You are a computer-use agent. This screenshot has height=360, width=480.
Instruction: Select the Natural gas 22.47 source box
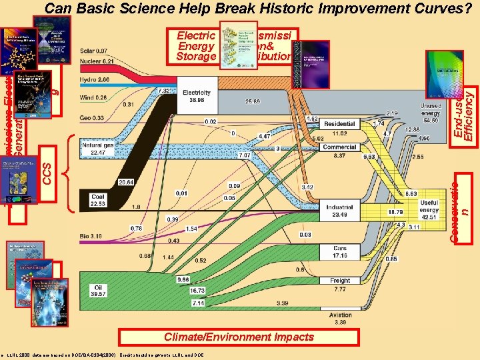coord(97,149)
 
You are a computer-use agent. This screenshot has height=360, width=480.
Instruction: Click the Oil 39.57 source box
coord(97,291)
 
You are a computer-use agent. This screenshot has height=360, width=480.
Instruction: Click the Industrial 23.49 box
coord(339,211)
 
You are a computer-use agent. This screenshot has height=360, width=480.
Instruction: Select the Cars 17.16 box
coord(339,252)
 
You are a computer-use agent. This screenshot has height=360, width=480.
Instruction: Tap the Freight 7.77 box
coord(339,285)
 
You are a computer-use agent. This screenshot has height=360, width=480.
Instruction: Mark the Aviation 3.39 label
coord(339,318)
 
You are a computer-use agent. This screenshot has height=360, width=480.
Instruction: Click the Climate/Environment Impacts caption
coord(239,337)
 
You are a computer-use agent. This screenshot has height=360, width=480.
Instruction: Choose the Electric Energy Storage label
coord(196,46)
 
